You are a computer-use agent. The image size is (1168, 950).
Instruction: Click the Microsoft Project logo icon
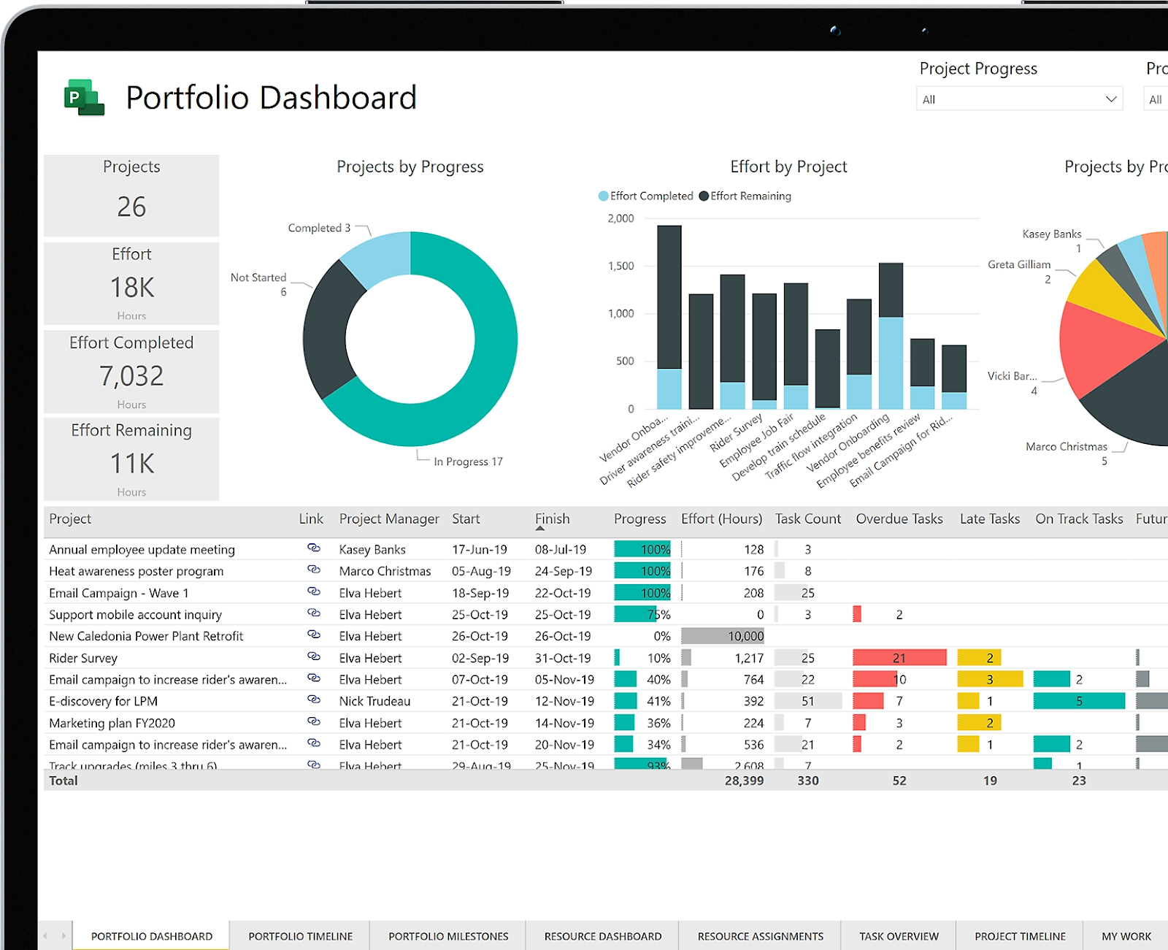pyautogui.click(x=84, y=97)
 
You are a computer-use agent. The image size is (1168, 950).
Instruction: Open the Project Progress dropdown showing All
pyautogui.click(x=1019, y=99)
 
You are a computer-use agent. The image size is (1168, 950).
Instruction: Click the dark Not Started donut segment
pyautogui.click(x=328, y=329)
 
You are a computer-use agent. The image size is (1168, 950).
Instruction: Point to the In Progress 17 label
pyautogui.click(x=468, y=461)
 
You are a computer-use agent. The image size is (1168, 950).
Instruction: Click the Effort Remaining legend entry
pyautogui.click(x=745, y=196)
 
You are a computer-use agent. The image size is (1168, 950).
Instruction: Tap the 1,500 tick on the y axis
pyautogui.click(x=620, y=266)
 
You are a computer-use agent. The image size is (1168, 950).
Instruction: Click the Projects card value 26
pyautogui.click(x=131, y=207)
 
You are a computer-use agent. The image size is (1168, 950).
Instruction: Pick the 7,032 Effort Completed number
pyautogui.click(x=131, y=375)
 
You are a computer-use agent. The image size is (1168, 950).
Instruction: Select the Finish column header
pyautogui.click(x=552, y=518)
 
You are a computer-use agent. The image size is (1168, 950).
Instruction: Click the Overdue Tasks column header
pyautogui.click(x=899, y=518)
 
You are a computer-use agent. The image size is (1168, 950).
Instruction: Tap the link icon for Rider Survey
pyautogui.click(x=314, y=656)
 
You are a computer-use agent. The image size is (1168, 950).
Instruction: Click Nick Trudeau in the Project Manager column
pyautogui.click(x=374, y=701)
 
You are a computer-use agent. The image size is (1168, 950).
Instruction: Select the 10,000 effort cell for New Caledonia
pyautogui.click(x=745, y=636)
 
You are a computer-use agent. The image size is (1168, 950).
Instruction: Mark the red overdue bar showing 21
pyautogui.click(x=899, y=658)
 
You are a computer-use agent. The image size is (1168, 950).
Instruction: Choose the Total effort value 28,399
pyautogui.click(x=744, y=781)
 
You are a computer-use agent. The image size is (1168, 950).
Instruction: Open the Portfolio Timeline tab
pyautogui.click(x=300, y=936)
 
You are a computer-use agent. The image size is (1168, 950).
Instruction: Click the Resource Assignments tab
pyautogui.click(x=760, y=936)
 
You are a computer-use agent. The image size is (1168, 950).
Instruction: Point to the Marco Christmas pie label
pyautogui.click(x=1066, y=447)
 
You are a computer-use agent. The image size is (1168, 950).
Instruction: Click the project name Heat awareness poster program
pyautogui.click(x=137, y=571)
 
